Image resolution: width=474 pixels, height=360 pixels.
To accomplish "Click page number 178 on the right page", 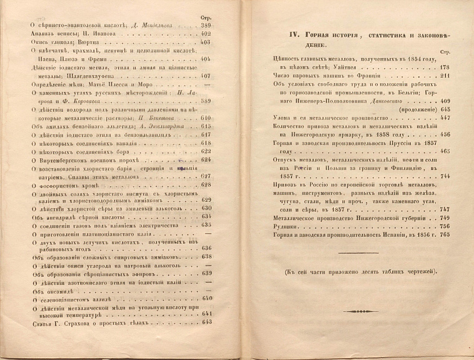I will [445, 67].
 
